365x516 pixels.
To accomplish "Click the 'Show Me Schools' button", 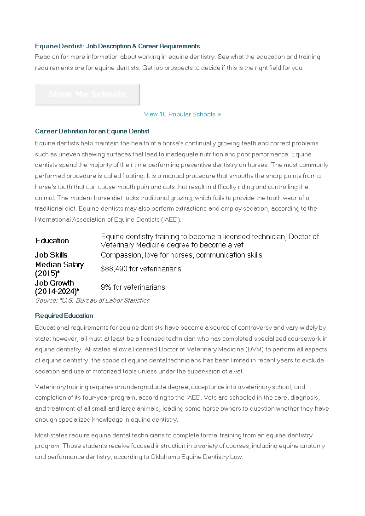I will (x=87, y=94).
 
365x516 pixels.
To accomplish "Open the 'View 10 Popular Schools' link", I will (x=182, y=114).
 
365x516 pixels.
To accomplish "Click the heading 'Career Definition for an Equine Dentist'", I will (x=92, y=132).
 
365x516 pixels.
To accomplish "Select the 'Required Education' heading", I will (x=64, y=315).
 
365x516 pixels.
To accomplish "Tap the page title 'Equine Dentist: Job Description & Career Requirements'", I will (x=117, y=46).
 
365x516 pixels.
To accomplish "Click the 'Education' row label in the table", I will (x=52, y=241).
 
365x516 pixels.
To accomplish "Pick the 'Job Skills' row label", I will (x=51, y=255).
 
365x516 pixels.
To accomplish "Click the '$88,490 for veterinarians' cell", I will (x=141, y=269).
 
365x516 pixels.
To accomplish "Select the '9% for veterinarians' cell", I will (x=133, y=287).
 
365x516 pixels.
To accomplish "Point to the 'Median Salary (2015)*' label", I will (x=59, y=269).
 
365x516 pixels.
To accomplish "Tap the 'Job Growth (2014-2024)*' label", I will (x=57, y=287).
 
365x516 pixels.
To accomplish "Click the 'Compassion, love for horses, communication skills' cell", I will (x=181, y=255).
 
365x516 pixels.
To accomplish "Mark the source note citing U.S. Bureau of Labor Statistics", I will (x=92, y=300).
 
